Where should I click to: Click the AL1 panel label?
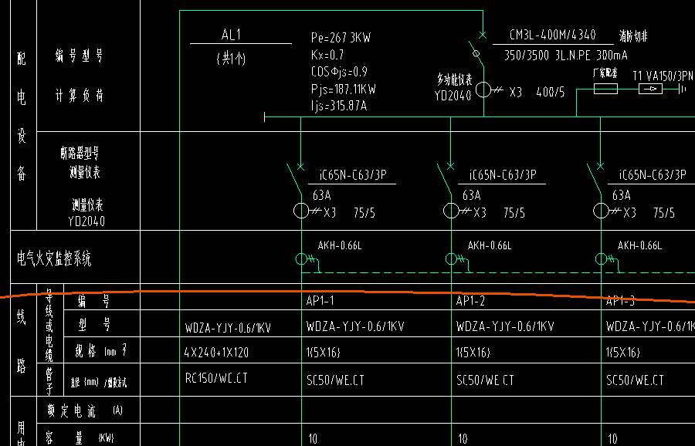[x=231, y=35]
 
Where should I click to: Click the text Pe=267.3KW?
[x=341, y=37]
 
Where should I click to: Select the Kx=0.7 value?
[x=327, y=55]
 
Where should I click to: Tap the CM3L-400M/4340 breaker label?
[x=552, y=35]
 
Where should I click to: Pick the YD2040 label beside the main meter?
[x=453, y=96]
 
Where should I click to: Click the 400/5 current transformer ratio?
[x=551, y=92]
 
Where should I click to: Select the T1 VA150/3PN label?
[x=663, y=76]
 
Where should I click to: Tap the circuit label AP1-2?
[x=470, y=301]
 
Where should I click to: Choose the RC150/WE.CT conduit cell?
[x=215, y=379]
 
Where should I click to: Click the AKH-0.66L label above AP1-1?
[x=339, y=246]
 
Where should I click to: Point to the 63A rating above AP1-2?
[x=471, y=195]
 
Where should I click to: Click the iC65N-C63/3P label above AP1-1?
[x=352, y=175]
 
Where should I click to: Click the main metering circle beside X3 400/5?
[x=483, y=90]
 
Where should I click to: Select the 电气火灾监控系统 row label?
[x=54, y=258]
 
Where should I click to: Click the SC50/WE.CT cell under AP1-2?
[x=485, y=380]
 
